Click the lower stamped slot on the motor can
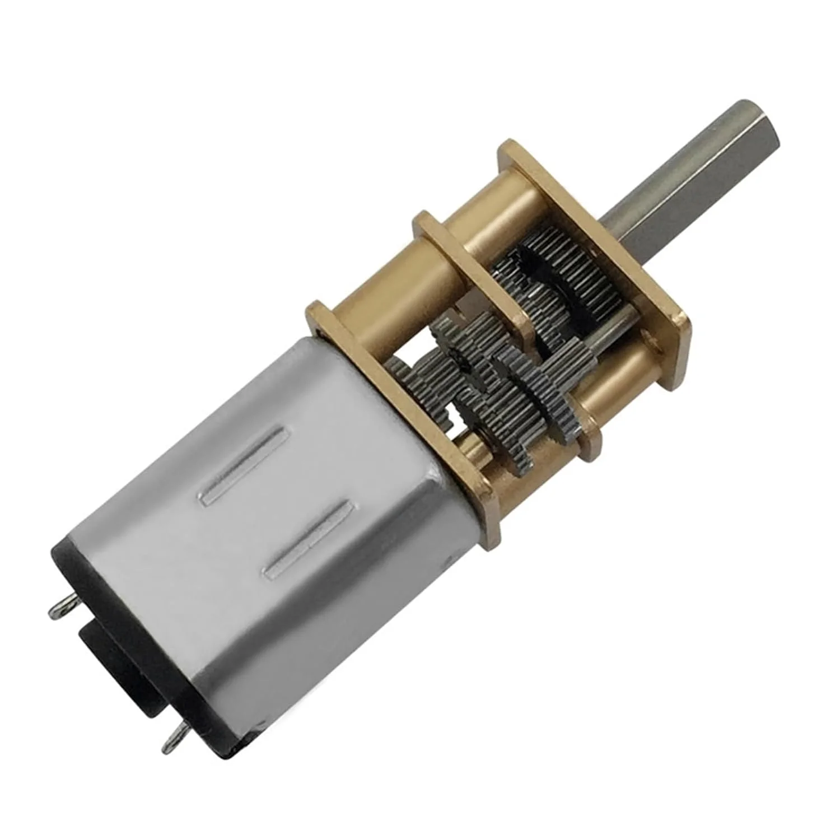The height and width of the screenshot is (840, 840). (x=308, y=538)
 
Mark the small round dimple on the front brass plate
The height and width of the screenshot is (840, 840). (x=650, y=339)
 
